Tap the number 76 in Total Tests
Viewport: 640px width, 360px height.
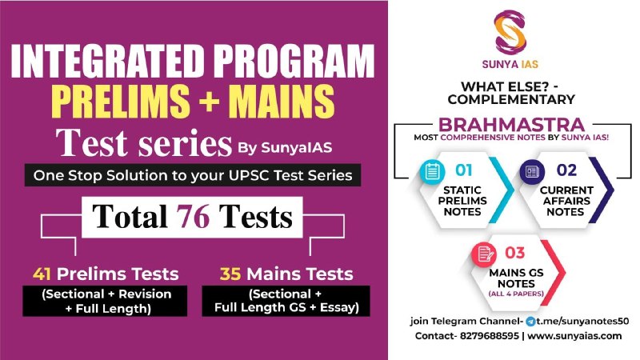193,216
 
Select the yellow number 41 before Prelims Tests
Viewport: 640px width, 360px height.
42,274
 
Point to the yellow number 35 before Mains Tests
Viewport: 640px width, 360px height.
230,274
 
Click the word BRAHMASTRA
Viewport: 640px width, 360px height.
511,125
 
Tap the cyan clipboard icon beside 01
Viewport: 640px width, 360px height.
432,171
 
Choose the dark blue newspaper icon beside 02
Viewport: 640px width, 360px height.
532,172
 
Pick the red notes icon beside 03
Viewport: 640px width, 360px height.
484,254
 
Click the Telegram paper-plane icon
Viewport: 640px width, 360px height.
530,322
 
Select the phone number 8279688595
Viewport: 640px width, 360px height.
490,336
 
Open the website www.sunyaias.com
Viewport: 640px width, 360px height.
574,336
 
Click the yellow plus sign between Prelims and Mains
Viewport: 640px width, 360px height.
209,101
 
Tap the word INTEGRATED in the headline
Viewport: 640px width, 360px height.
107,61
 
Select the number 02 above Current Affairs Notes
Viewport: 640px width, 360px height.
566,170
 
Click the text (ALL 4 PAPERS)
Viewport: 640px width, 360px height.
516,294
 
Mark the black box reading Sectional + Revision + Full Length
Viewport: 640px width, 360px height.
105,301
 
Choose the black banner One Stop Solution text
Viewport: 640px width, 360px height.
193,175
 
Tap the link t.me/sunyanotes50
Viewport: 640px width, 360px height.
582,322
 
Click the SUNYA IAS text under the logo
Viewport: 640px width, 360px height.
510,64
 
